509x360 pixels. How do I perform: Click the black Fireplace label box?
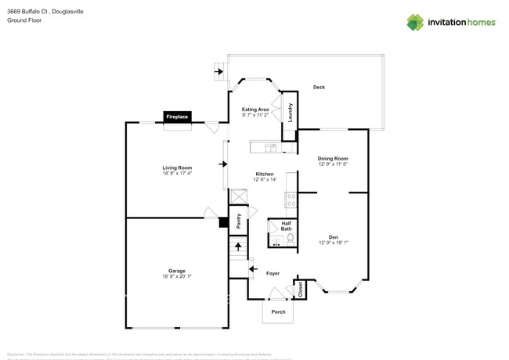coord(176,117)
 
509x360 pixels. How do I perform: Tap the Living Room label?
coord(177,167)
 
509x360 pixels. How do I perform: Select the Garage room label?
coord(176,270)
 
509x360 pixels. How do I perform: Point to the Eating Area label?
coord(255,109)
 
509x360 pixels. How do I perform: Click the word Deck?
coord(319,87)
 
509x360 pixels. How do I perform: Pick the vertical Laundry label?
coord(290,113)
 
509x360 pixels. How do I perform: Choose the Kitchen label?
coord(265,174)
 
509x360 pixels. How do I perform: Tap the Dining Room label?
coord(333,159)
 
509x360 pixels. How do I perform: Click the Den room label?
coord(333,236)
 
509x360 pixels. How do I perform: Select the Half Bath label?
coord(276,226)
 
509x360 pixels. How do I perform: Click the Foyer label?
coord(273,273)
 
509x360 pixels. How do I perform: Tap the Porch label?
coord(277,311)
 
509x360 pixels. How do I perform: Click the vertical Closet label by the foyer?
coord(300,290)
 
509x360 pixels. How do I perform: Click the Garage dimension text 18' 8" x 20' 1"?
coord(176,276)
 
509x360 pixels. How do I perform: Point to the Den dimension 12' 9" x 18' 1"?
coord(333,243)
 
